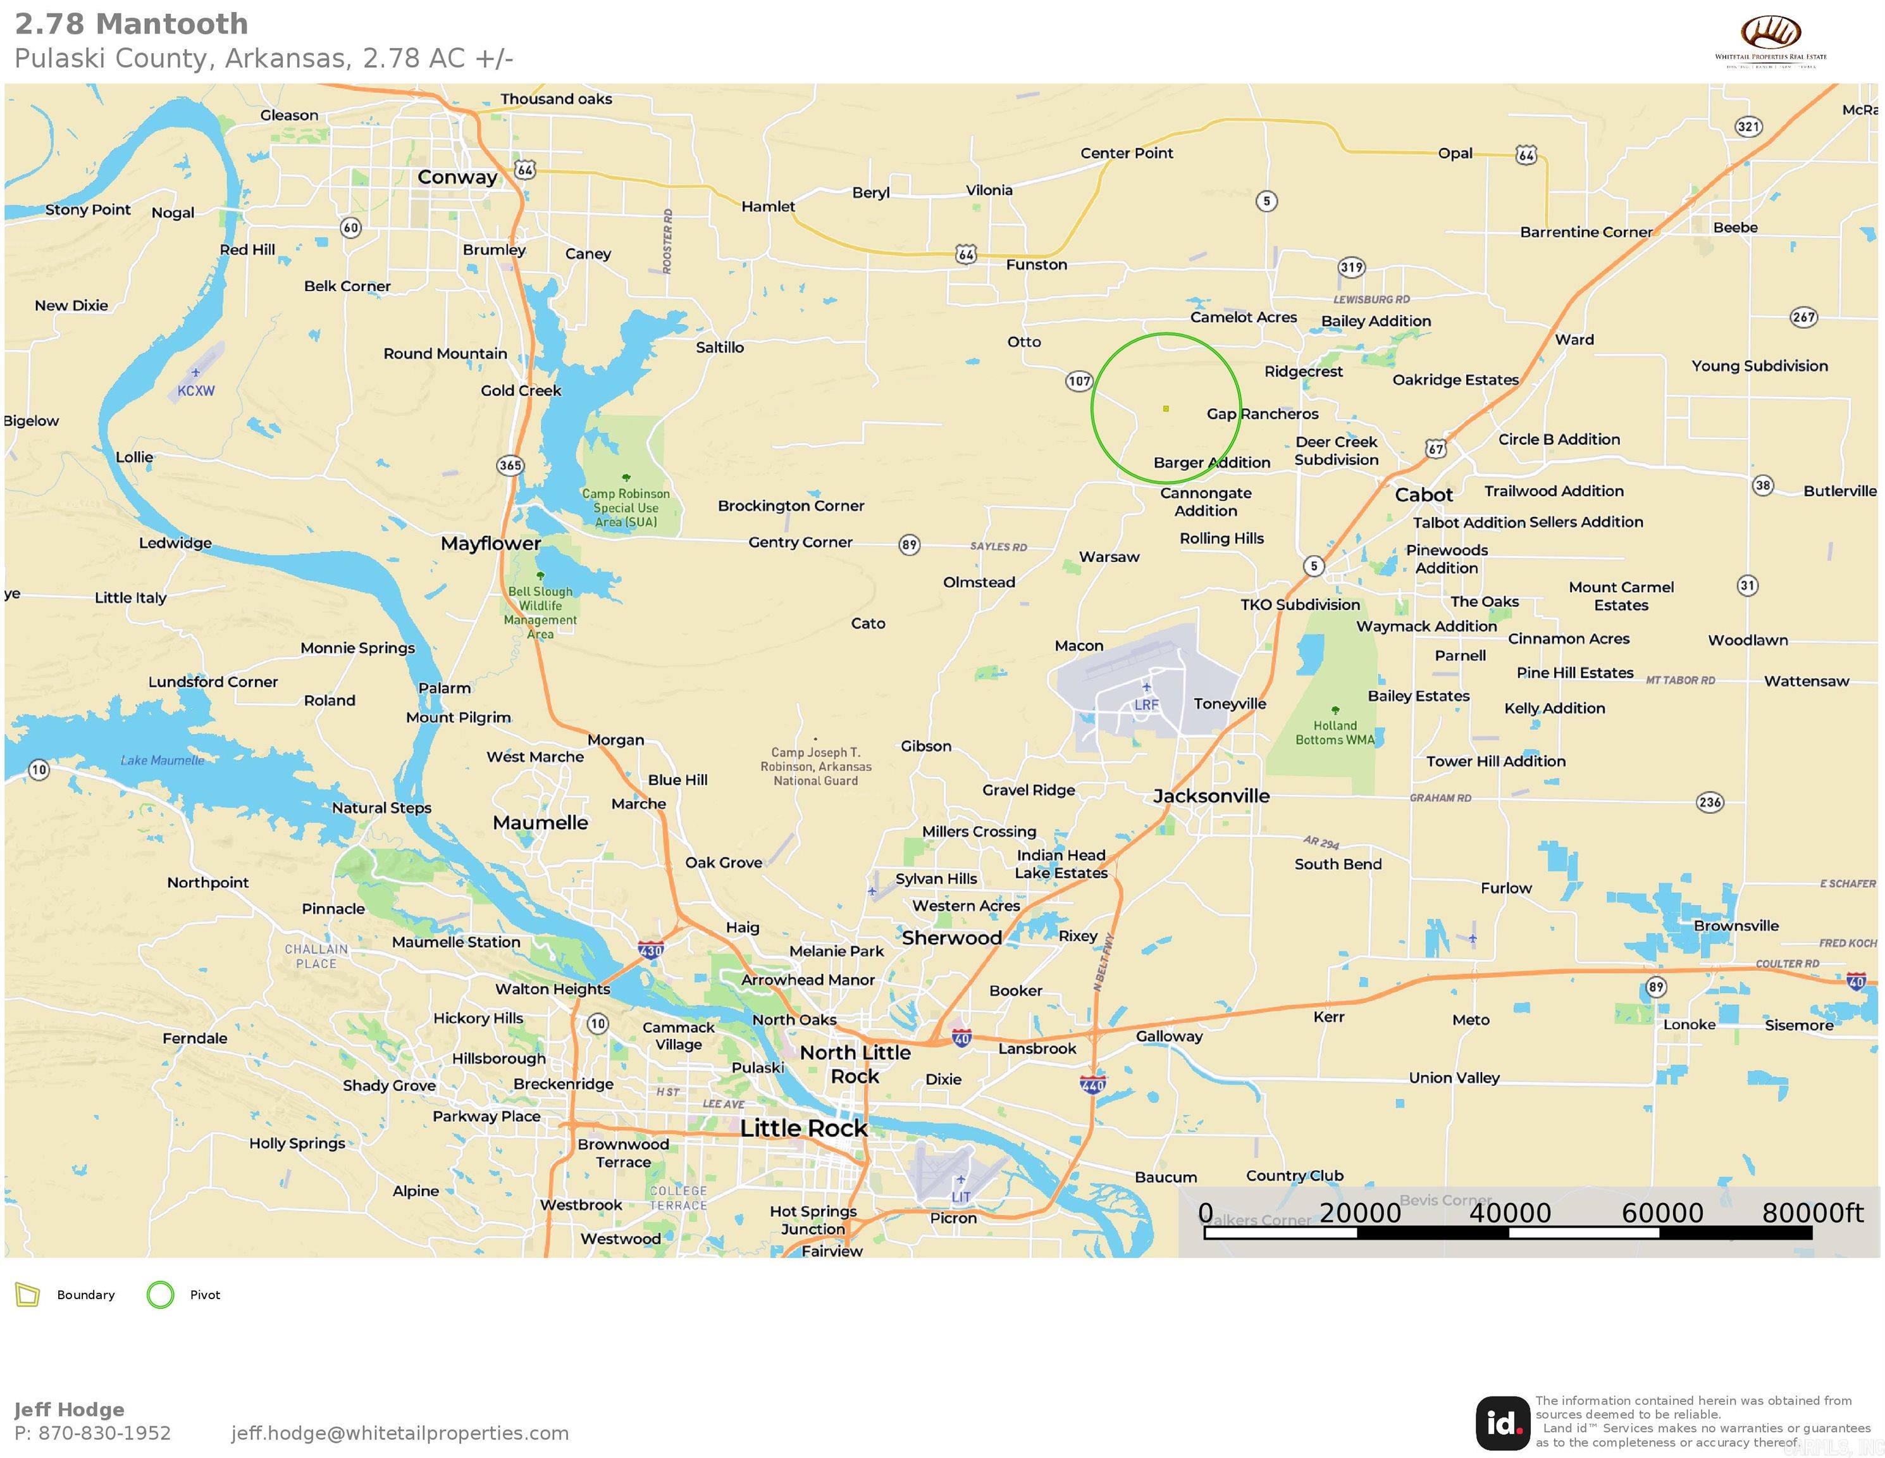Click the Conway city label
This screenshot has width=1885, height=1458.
(457, 177)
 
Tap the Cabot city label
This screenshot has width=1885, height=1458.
(1423, 495)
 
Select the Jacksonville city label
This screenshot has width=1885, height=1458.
(1211, 796)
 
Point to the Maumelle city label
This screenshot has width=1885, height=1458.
(540, 823)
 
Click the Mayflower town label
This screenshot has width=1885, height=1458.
(490, 543)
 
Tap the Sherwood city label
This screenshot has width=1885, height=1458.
(951, 937)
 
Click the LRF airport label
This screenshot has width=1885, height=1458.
(1146, 704)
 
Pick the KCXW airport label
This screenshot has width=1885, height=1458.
(196, 390)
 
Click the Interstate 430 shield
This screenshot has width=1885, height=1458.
(651, 950)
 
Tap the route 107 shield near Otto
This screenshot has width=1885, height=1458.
(1079, 381)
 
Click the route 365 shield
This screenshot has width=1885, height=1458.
(510, 465)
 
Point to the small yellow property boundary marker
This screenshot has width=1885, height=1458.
(1166, 408)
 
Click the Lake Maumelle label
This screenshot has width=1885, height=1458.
(163, 761)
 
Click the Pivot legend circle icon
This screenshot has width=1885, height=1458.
(161, 1295)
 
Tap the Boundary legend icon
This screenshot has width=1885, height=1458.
(28, 1295)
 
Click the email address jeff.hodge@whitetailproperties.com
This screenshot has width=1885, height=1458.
(400, 1433)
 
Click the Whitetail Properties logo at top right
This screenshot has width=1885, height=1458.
(1771, 41)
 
